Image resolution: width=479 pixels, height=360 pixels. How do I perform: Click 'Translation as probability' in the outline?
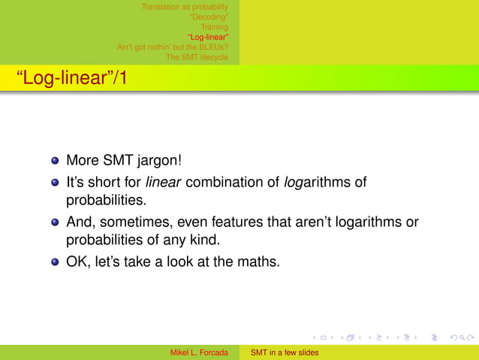[x=185, y=8]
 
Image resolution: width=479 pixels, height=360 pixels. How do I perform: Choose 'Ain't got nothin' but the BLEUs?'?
[x=173, y=47]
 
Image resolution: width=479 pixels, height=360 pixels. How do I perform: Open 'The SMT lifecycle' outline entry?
[x=197, y=56]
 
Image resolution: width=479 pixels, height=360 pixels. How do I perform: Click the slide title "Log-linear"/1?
[x=66, y=78]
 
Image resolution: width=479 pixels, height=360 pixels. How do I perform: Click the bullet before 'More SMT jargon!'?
[x=55, y=160]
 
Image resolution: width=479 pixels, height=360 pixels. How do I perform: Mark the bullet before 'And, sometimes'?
[x=55, y=223]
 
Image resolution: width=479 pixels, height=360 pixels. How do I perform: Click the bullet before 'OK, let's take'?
[x=55, y=264]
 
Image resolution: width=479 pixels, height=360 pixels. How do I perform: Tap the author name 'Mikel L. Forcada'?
[x=199, y=352]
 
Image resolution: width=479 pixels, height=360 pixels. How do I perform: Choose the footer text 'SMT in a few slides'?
[x=285, y=352]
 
